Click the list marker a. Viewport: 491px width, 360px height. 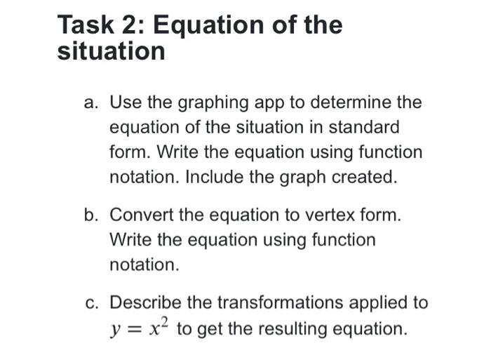point(90,103)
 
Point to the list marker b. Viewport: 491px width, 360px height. point(90,215)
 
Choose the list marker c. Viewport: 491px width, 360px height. point(90,302)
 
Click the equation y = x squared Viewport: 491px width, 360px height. point(140,327)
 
